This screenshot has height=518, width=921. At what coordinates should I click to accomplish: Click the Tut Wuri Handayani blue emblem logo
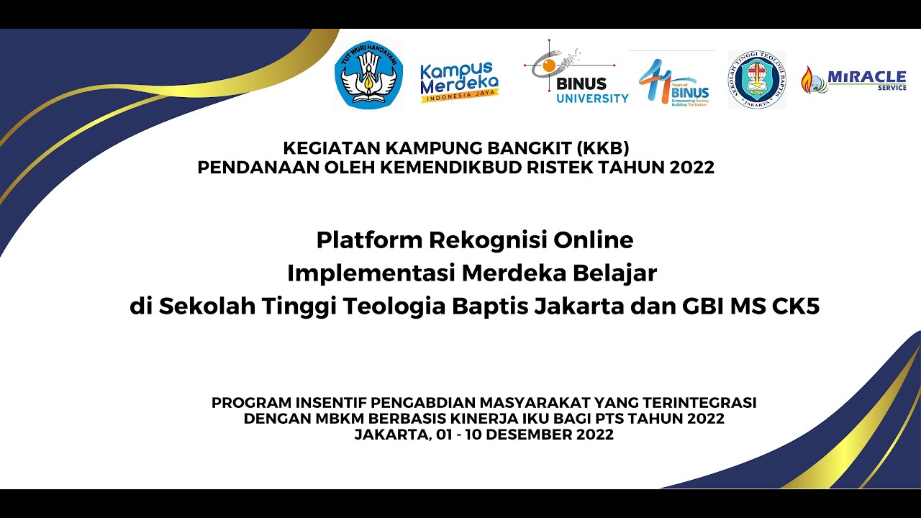[x=369, y=75]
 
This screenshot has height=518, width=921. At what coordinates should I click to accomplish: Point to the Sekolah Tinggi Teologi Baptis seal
[x=757, y=79]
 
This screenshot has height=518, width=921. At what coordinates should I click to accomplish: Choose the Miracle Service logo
[x=853, y=79]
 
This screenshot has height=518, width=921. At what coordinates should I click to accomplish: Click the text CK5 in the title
[x=796, y=307]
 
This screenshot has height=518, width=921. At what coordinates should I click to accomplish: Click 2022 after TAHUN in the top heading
[x=691, y=168]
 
